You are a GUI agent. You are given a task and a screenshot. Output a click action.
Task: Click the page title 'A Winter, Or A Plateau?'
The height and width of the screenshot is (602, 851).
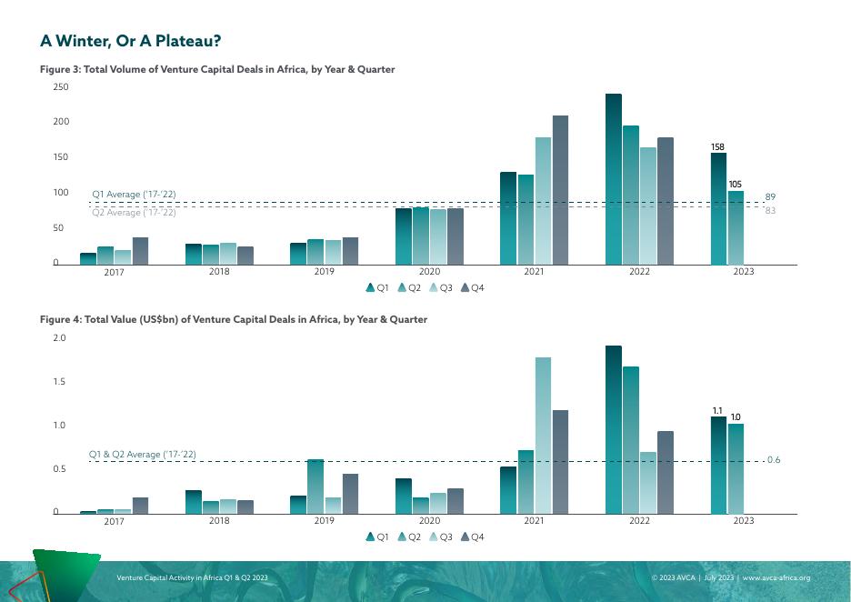point(131,42)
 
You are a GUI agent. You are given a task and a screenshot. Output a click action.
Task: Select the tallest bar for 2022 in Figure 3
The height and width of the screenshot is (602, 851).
point(614,179)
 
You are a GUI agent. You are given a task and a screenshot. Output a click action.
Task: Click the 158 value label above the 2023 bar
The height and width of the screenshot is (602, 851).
point(718,146)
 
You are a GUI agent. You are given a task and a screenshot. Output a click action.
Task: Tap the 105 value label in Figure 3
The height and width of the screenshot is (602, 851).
point(736,185)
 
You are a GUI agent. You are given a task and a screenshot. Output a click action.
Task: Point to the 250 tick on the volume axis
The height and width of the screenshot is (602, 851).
point(60,87)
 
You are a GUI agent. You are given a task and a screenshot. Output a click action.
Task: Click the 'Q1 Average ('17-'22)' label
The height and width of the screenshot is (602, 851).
point(134,195)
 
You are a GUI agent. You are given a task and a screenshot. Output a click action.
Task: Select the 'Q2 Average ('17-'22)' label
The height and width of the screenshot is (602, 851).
point(134,213)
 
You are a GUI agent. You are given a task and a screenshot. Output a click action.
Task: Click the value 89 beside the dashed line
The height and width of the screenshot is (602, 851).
point(770,196)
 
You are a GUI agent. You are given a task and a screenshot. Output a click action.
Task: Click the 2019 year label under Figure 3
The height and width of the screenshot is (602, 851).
point(324,272)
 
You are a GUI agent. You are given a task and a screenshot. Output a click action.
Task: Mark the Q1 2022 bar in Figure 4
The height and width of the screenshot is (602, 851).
point(614,429)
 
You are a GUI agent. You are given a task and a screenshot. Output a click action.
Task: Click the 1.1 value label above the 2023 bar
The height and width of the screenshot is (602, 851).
point(718,410)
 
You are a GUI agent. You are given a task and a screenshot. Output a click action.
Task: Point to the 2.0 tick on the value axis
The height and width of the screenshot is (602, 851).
point(60,338)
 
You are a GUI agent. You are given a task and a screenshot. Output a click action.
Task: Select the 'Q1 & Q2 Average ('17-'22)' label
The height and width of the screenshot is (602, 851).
point(142,454)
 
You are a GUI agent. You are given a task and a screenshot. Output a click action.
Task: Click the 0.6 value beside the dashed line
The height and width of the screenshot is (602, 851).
point(774,460)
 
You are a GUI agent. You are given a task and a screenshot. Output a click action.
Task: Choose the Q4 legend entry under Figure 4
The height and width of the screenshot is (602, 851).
point(473,537)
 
